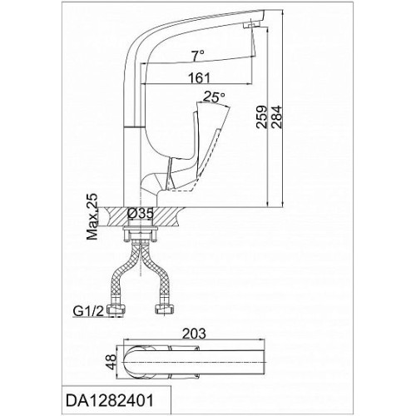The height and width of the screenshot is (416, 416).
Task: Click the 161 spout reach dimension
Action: (199, 78)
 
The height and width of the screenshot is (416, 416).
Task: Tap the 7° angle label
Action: (198, 56)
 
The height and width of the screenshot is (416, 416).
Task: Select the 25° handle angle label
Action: (214, 97)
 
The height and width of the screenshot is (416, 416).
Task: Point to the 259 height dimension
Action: (261, 116)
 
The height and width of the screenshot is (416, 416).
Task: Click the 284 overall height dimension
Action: (276, 116)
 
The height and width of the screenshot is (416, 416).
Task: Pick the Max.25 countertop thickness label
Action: (92, 217)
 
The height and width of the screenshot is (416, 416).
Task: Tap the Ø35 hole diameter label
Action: (141, 214)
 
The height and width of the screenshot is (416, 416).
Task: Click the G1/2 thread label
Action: (88, 311)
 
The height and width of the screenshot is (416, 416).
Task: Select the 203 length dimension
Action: (194, 334)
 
